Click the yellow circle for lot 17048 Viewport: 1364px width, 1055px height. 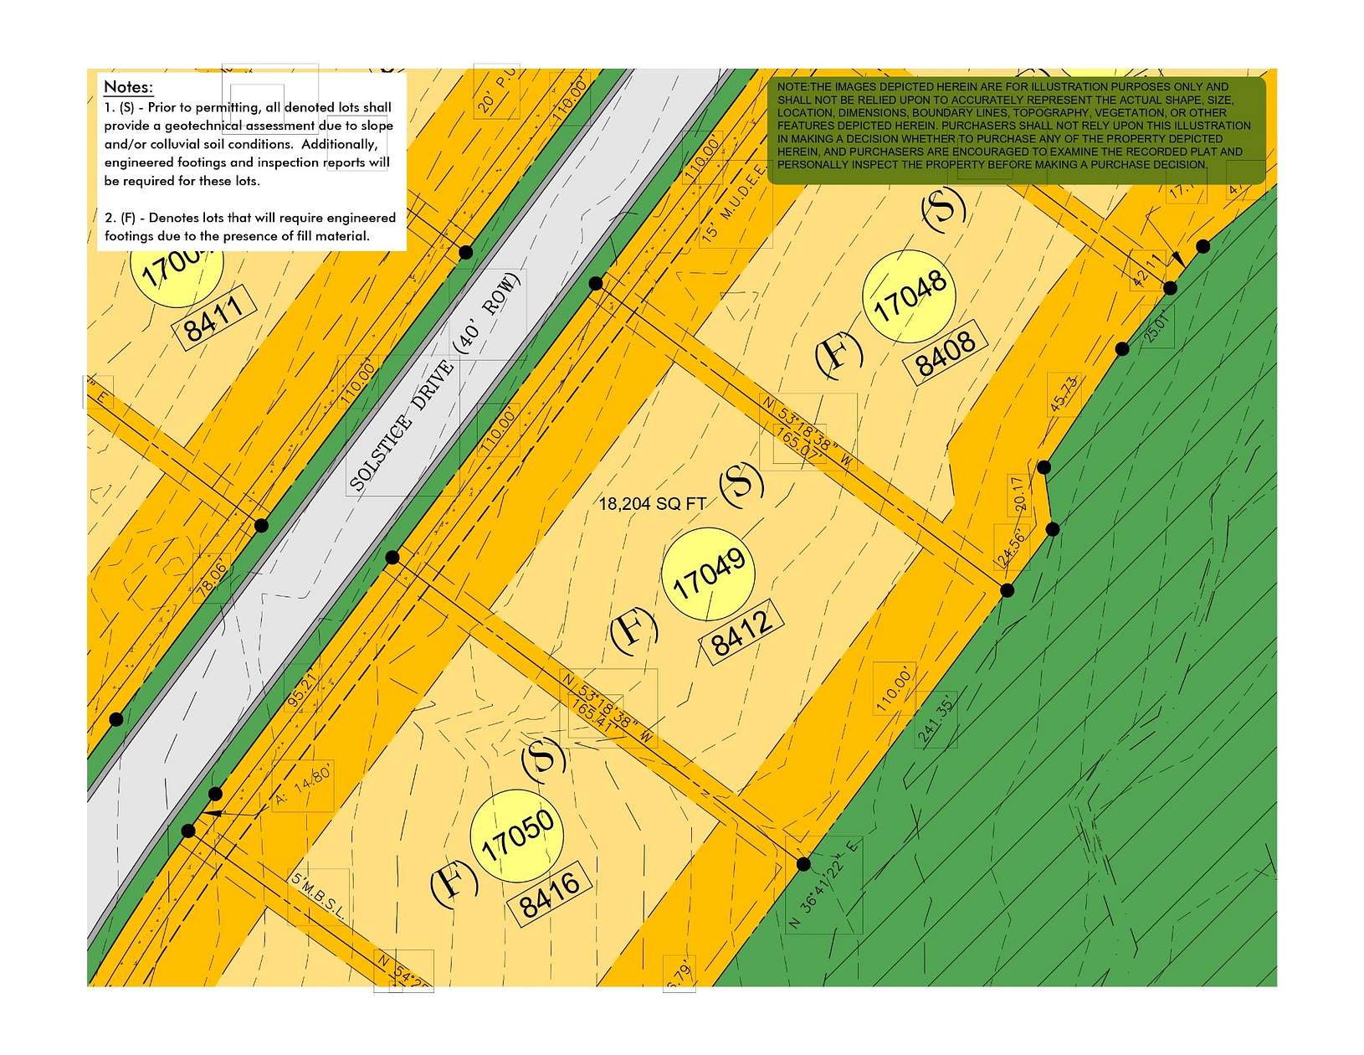[x=909, y=296]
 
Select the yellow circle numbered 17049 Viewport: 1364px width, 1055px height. [x=708, y=574]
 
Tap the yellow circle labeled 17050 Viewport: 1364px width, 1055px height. [x=516, y=835]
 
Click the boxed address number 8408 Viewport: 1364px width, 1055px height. [x=946, y=354]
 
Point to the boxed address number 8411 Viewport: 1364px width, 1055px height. [x=214, y=318]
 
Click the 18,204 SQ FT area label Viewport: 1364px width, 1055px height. [x=653, y=504]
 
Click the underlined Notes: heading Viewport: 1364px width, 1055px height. [x=128, y=87]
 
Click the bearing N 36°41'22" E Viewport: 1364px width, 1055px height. [x=824, y=886]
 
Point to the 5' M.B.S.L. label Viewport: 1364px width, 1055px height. [x=317, y=897]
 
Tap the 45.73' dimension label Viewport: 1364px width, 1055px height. [x=1063, y=395]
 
